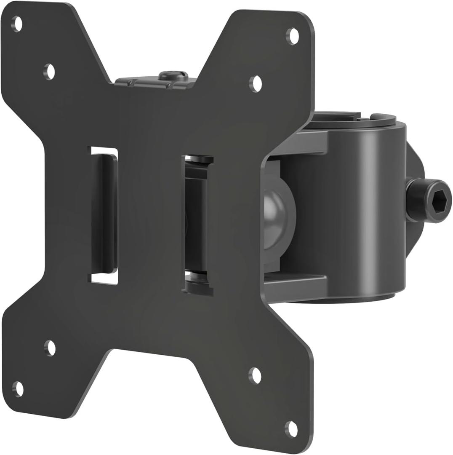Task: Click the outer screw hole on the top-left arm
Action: [17, 24]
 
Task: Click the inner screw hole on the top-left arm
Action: [50, 71]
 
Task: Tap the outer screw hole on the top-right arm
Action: [293, 36]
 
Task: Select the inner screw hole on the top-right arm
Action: [256, 84]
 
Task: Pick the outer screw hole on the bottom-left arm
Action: [18, 388]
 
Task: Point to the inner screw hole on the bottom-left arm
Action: [50, 348]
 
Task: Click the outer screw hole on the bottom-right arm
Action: [291, 429]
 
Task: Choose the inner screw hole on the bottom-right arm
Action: [255, 375]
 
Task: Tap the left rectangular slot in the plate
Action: [104, 215]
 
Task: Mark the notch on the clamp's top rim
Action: [365, 115]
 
